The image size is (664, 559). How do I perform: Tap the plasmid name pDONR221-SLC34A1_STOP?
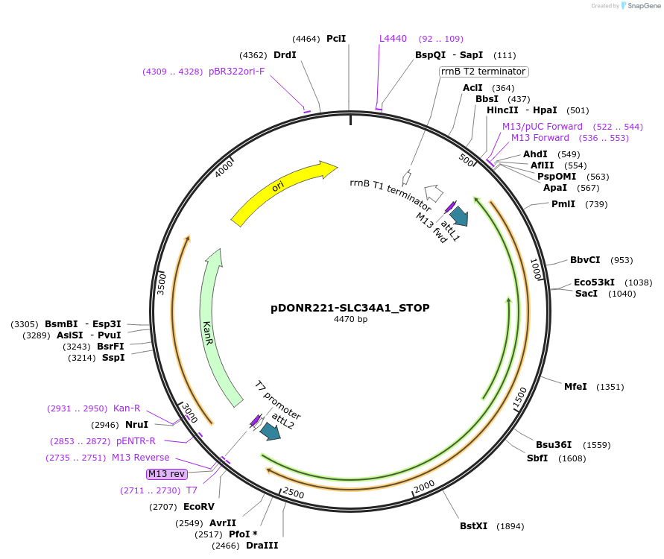(350, 307)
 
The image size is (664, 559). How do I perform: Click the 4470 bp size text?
(350, 319)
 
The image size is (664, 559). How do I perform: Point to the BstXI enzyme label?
(473, 526)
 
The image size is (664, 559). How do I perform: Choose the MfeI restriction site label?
(575, 386)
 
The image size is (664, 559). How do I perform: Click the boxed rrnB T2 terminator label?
(484, 72)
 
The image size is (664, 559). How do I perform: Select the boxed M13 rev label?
(166, 473)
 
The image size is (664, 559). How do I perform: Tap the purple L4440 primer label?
(393, 39)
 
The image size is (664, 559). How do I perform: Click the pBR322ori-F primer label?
(236, 72)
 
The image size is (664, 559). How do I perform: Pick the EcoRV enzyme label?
(199, 507)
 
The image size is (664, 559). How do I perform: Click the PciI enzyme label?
(336, 39)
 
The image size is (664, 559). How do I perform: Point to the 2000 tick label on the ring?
(425, 486)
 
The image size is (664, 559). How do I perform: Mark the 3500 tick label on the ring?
(162, 284)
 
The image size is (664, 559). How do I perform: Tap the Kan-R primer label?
(127, 408)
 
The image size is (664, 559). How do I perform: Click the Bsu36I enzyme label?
(553, 445)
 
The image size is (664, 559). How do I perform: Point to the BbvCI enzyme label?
(585, 260)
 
